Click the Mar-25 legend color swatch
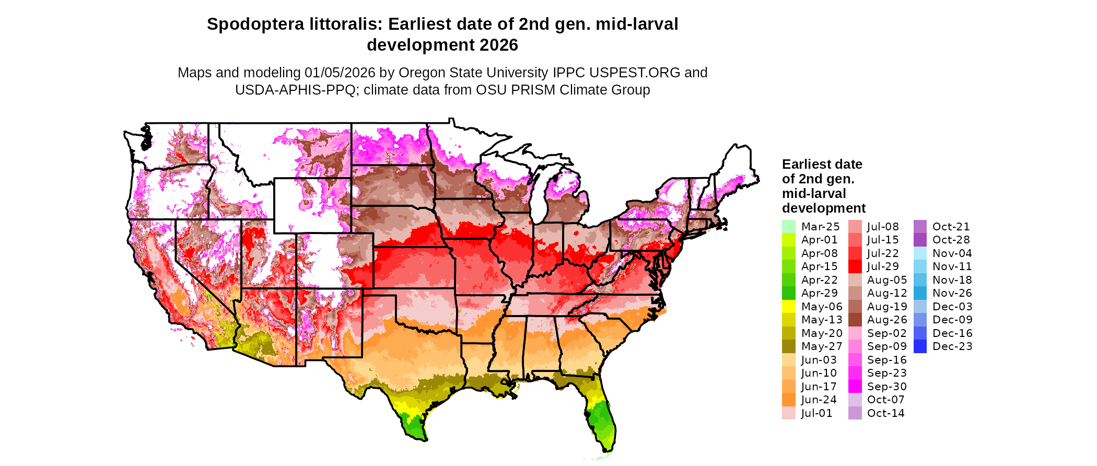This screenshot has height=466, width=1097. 788,227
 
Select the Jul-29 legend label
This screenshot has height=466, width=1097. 883,266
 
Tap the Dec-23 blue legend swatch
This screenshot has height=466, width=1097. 920,346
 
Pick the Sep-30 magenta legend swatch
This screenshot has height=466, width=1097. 855,387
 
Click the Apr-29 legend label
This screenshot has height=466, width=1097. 819,293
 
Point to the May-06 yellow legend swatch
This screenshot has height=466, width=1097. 788,307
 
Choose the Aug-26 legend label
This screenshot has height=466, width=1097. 887,320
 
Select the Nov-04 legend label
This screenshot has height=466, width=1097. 952,253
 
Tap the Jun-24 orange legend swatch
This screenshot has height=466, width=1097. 788,400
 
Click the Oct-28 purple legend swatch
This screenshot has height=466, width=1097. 920,240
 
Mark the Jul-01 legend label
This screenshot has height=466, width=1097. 816,413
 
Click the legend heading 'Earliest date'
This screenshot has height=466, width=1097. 822,164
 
